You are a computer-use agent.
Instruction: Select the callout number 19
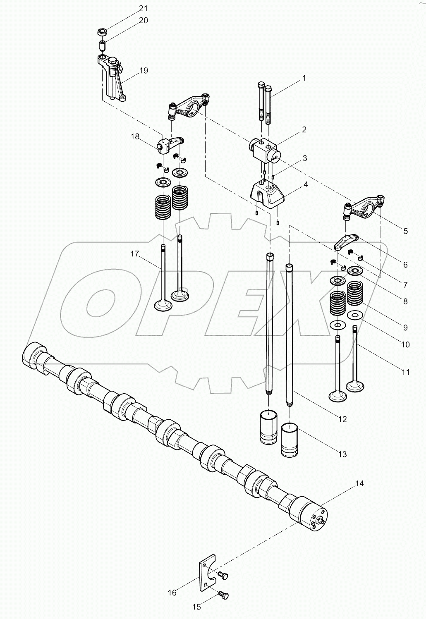[x=143, y=70]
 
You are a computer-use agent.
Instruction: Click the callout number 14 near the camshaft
[x=359, y=483]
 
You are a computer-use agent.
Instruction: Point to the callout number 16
[x=172, y=593]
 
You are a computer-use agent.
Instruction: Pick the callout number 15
[x=196, y=607]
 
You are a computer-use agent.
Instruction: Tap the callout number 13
[x=342, y=454]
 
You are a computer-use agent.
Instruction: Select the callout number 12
[x=342, y=419]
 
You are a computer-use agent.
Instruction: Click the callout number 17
[x=135, y=254]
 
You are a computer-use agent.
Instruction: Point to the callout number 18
[x=135, y=137]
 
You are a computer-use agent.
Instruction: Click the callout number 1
[x=304, y=78]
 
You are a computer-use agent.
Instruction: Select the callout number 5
[x=405, y=231]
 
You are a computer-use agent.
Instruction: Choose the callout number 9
[x=405, y=327]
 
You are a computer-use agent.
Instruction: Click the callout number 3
[x=304, y=158]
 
